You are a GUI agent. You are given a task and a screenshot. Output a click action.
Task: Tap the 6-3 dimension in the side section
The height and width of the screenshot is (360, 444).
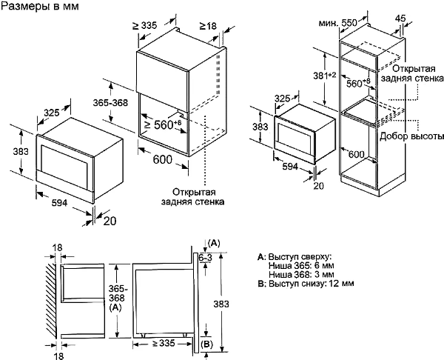(205, 257)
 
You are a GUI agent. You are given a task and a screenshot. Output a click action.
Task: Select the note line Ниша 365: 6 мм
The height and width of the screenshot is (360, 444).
(300, 264)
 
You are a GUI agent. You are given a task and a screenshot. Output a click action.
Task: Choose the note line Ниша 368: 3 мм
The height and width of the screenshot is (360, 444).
(300, 273)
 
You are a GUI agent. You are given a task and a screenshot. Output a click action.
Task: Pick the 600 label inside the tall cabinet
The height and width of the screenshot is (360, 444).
(356, 153)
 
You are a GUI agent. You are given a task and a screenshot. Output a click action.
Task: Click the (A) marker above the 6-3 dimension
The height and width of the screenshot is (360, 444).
(215, 242)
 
